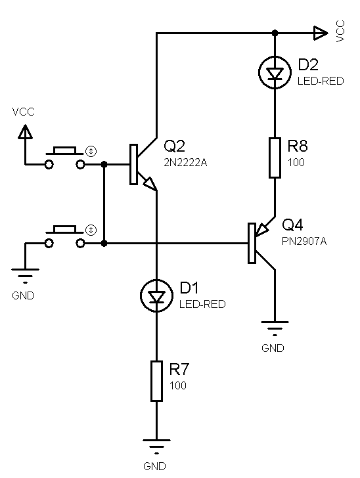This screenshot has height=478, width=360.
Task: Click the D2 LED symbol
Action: [x=275, y=72]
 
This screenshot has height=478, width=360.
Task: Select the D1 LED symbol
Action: [x=156, y=295]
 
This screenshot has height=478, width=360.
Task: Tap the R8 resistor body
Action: [x=275, y=158]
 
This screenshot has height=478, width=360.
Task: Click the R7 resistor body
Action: [x=156, y=381]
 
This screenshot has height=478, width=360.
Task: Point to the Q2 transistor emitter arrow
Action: [x=150, y=184]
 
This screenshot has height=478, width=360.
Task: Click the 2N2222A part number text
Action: [x=185, y=163]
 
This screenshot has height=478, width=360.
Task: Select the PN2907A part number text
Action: [x=304, y=242]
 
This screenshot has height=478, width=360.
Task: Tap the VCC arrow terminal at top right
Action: [x=321, y=33]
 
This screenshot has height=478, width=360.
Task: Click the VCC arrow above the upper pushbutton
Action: [x=25, y=132]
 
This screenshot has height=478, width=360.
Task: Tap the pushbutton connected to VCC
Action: [x=64, y=158]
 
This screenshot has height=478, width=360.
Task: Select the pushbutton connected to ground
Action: [x=64, y=237]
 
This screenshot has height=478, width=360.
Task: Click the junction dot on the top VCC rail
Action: [x=275, y=33]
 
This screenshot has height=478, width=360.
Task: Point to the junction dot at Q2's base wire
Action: [x=104, y=165]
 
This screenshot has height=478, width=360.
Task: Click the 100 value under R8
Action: [x=296, y=162]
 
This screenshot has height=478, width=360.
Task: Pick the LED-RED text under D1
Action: [x=202, y=304]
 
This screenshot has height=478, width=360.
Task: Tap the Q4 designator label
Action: [x=292, y=225]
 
